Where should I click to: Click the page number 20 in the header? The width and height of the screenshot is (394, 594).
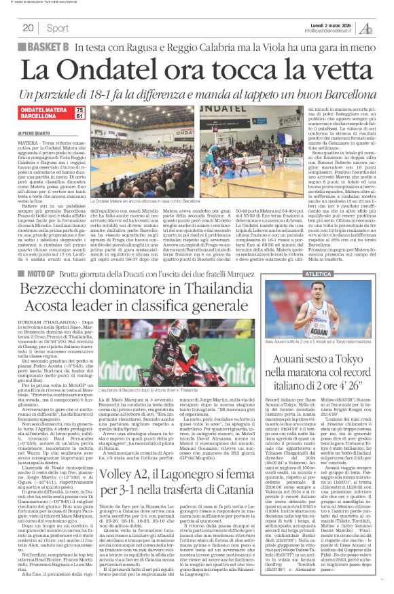pyautogui.click(x=29, y=28)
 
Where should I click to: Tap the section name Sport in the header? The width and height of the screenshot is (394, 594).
pyautogui.click(x=58, y=28)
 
